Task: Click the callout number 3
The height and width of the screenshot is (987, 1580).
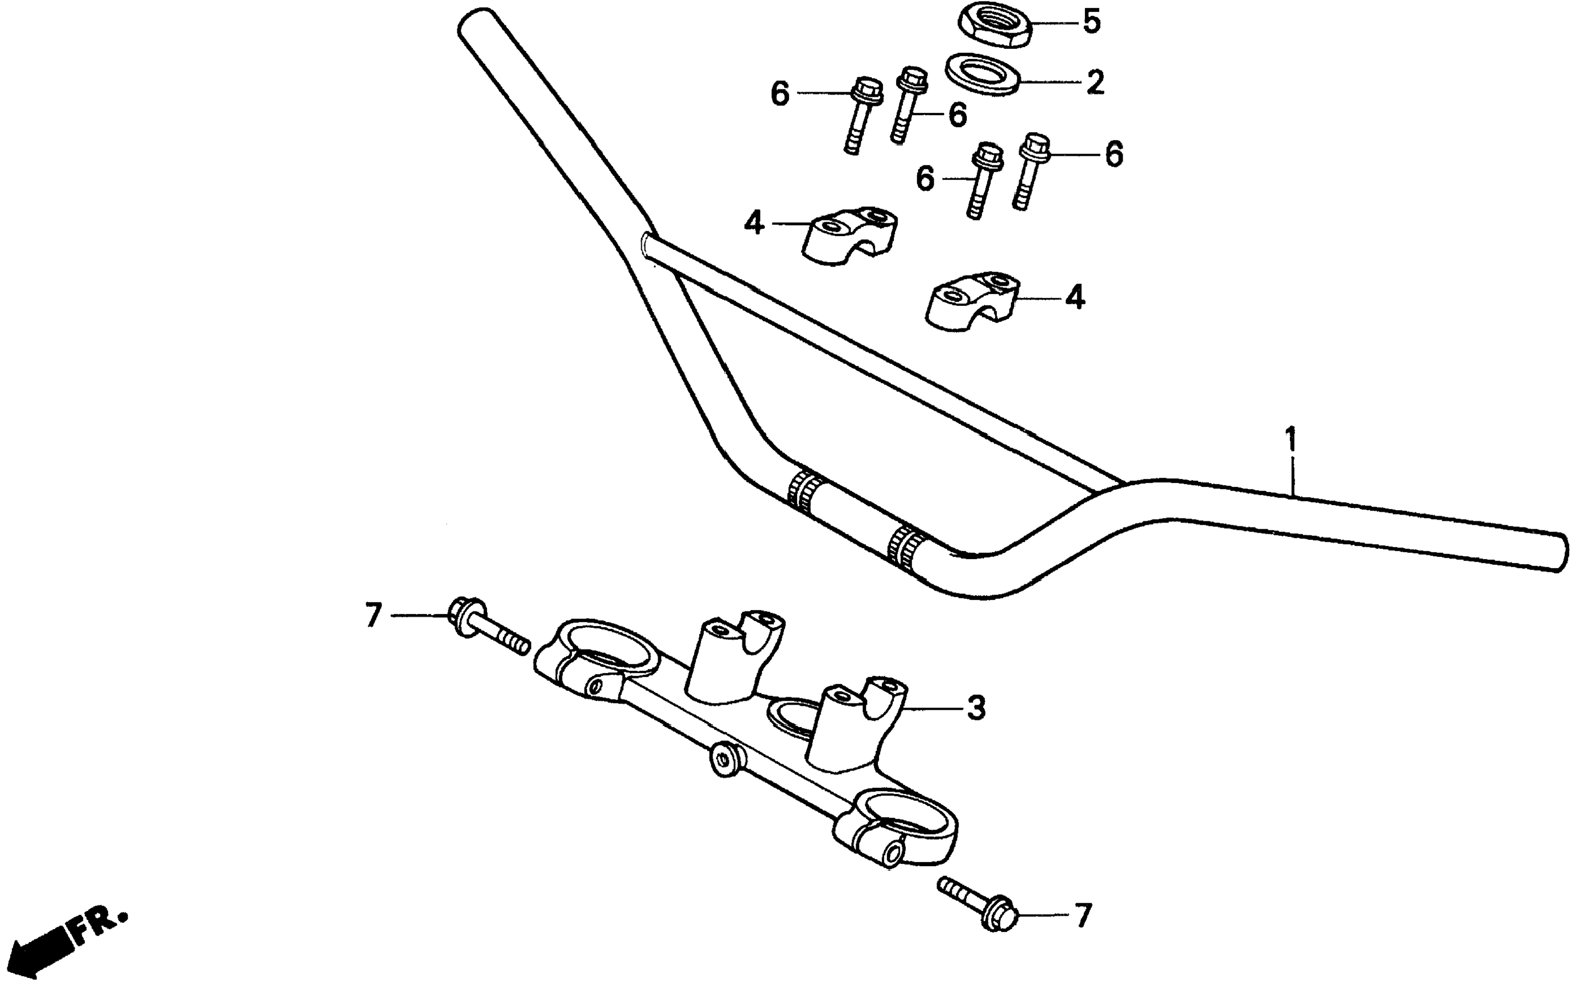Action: pyautogui.click(x=975, y=707)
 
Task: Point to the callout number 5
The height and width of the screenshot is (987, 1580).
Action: pyautogui.click(x=1092, y=21)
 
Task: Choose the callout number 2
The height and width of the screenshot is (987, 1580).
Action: pyautogui.click(x=1095, y=83)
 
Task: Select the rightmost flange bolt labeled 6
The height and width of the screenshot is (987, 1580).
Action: pyautogui.click(x=1029, y=170)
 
